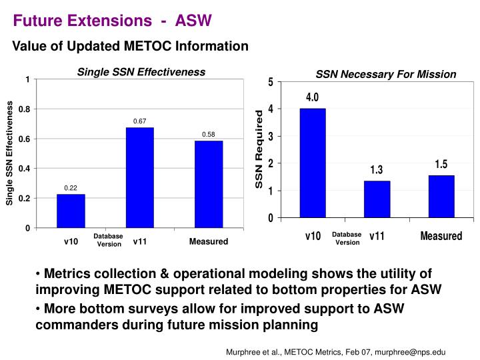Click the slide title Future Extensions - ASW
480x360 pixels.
[x=113, y=21]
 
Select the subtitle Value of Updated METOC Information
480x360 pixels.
[x=131, y=46]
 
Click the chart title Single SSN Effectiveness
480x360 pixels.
[x=141, y=71]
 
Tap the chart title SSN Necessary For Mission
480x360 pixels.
[x=386, y=74]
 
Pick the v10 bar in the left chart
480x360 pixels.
[x=71, y=211]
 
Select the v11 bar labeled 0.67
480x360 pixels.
[x=139, y=177]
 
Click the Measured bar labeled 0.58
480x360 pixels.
[x=209, y=184]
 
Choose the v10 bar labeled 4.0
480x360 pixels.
[x=313, y=163]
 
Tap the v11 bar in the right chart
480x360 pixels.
[x=377, y=199]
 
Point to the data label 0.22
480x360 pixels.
[x=71, y=188]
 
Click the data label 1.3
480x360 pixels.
[x=377, y=170]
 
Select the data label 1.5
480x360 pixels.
[x=441, y=164]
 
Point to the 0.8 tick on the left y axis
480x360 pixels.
[x=23, y=109]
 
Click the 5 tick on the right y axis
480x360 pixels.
[x=270, y=82]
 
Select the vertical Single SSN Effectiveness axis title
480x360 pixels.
[x=10, y=153]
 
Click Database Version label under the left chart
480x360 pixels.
[x=108, y=240]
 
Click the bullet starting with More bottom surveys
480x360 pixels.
[x=220, y=317]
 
